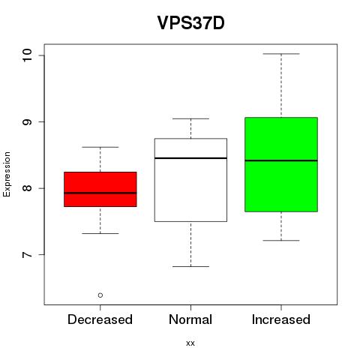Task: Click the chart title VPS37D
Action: coord(190,23)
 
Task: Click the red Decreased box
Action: coord(100,189)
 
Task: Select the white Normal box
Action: coord(190,180)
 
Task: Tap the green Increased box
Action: coord(281,164)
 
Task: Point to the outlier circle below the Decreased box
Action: coord(100,295)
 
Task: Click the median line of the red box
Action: coord(100,193)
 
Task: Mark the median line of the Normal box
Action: coord(190,158)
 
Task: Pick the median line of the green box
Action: coord(281,160)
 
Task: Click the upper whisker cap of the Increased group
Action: coord(281,54)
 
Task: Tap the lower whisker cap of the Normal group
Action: coord(190,266)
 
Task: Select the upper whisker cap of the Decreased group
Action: coord(100,147)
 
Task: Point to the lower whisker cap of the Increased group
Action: coord(281,241)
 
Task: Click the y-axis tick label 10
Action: coord(27,55)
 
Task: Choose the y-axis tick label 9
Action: coord(27,122)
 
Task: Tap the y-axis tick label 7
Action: coord(27,255)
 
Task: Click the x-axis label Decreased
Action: coord(100,319)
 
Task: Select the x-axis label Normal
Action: coord(190,319)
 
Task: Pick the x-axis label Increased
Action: coord(281,319)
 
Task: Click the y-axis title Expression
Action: coord(7,174)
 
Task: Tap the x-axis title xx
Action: coord(190,343)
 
